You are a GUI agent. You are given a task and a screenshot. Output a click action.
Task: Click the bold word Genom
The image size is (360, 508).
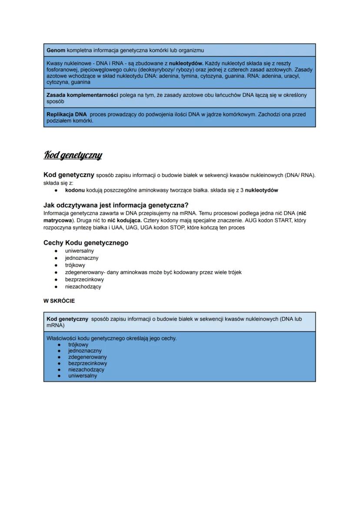coord(56,50)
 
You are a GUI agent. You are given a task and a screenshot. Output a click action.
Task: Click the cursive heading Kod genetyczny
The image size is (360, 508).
coord(73,155)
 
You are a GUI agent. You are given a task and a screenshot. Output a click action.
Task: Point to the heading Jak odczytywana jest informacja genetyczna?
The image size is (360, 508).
coord(116,205)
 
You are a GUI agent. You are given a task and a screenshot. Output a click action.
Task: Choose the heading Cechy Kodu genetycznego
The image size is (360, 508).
coord(86,243)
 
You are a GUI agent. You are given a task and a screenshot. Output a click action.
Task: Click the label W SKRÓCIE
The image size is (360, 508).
coord(59,301)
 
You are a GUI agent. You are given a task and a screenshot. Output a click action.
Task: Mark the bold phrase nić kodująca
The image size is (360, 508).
coord(124,220)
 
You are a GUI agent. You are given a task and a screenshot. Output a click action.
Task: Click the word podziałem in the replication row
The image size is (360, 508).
coord(59,121)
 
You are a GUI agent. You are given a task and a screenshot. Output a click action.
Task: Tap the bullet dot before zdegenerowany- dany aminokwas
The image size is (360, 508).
coord(56,272)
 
